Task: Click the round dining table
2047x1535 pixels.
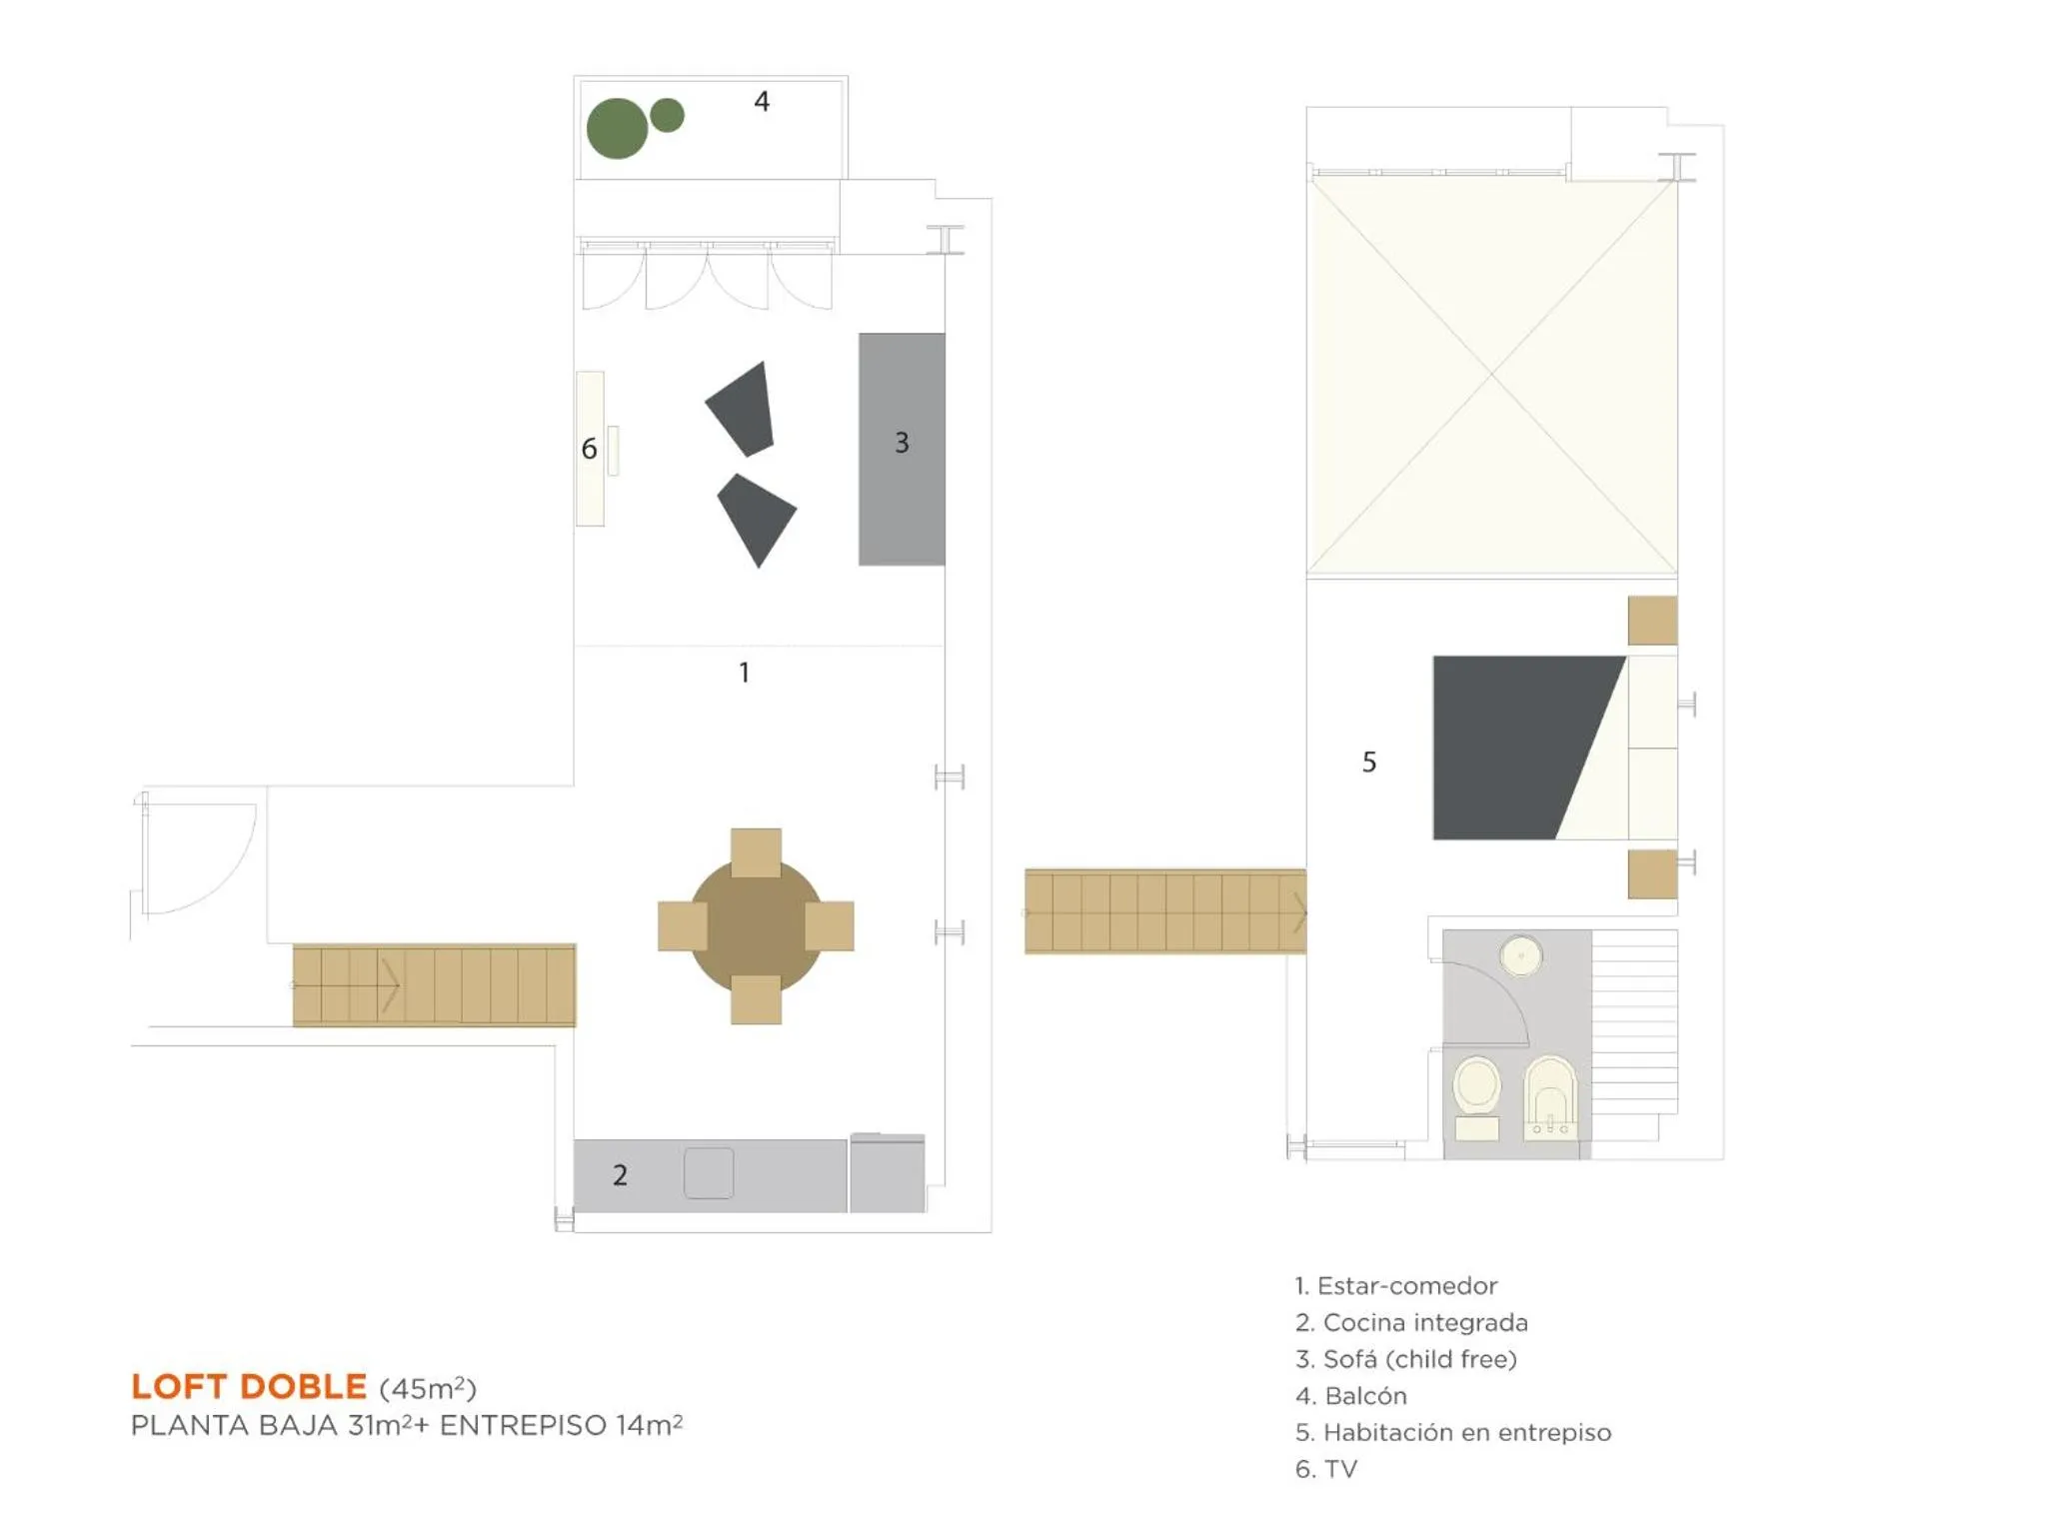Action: [x=756, y=926]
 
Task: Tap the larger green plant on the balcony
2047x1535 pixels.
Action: [x=617, y=129]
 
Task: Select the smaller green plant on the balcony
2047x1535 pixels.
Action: [x=667, y=115]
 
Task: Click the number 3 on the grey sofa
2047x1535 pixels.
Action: [x=902, y=443]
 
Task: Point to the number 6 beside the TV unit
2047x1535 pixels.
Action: [x=589, y=450]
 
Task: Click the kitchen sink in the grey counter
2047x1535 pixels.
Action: [x=709, y=1172]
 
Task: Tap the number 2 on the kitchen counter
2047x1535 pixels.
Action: [x=620, y=1175]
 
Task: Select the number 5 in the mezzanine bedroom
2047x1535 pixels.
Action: [x=1369, y=763]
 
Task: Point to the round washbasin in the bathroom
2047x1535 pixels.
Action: [x=1520, y=956]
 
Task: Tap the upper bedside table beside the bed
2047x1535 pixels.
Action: [x=1652, y=621]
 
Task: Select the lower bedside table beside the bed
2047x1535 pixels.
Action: [x=1652, y=873]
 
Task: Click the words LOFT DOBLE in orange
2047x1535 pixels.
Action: [x=249, y=1386]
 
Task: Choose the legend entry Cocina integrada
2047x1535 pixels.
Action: [x=1411, y=1322]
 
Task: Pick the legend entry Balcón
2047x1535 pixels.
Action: [x=1351, y=1395]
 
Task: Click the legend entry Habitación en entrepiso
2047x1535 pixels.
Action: [x=1453, y=1432]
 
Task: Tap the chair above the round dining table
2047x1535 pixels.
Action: [x=756, y=852]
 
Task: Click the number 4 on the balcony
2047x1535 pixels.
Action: [x=762, y=102]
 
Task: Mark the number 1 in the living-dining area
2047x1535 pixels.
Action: [x=745, y=673]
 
